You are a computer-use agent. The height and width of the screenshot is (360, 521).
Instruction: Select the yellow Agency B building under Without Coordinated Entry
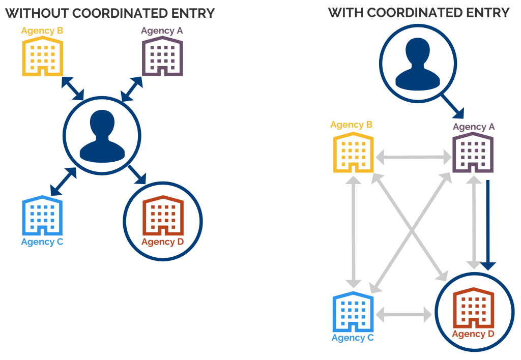click(x=42, y=56)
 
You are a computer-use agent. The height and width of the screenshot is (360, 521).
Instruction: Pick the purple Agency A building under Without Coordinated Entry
click(x=162, y=56)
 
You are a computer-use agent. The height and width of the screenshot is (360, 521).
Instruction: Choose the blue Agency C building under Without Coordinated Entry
click(x=42, y=216)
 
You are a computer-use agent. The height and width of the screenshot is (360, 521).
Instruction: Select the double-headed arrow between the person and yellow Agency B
click(x=72, y=88)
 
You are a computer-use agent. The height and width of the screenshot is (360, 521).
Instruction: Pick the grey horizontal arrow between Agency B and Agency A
click(x=414, y=158)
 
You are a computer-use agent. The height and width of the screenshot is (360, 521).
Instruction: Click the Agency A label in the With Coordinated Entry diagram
click(x=473, y=127)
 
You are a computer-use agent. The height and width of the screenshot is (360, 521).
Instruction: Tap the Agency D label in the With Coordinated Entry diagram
click(x=473, y=334)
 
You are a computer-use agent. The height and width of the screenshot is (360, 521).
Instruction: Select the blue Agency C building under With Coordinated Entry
click(x=353, y=311)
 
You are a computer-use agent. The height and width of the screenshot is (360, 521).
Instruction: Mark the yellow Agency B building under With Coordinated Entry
click(x=353, y=152)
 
